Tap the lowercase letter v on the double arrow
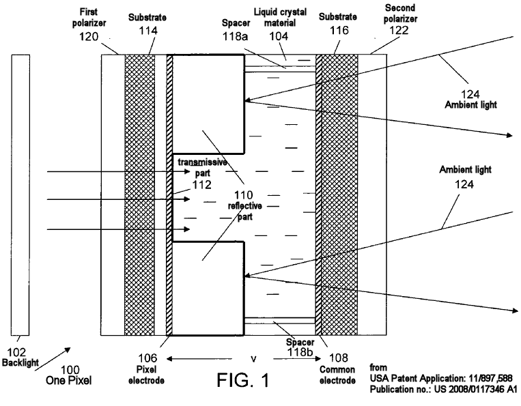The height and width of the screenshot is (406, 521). (x=253, y=357)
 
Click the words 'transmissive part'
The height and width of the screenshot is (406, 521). (x=202, y=167)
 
